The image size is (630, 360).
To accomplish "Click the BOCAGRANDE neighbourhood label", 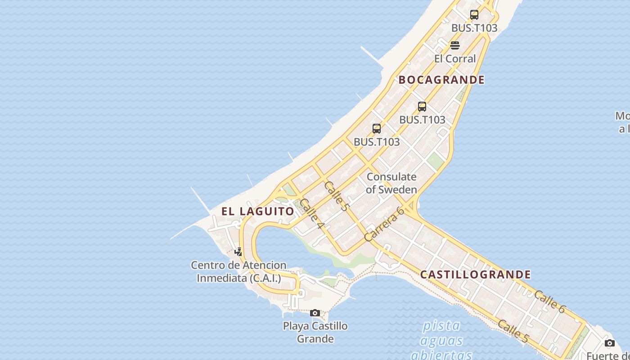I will click(441, 80).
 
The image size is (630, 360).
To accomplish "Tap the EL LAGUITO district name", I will click(258, 211).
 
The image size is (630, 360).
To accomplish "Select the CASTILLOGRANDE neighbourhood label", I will click(476, 274).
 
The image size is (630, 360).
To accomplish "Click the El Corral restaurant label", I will click(455, 59).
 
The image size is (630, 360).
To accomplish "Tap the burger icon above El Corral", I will click(455, 45).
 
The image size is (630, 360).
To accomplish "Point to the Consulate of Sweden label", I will click(391, 183).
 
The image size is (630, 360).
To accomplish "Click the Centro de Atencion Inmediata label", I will click(238, 272).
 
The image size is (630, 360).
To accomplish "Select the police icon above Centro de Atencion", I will click(238, 252).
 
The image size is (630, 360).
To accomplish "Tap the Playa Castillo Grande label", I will click(315, 332).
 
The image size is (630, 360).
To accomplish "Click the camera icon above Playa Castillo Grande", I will click(315, 313).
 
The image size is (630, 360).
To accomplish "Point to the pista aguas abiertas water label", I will click(441, 340).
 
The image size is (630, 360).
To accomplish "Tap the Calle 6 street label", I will click(549, 301).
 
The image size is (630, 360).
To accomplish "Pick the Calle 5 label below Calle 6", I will click(513, 331).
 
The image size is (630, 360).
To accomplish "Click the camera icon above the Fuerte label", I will click(610, 343).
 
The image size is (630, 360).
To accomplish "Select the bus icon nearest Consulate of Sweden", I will click(377, 129).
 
